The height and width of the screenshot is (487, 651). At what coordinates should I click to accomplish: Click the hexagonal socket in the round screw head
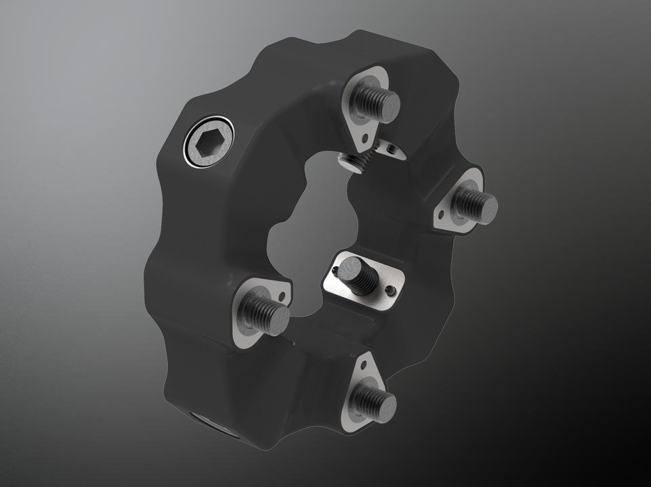tap(207, 145)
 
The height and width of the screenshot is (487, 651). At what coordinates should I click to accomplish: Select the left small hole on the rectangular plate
tap(335, 273)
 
